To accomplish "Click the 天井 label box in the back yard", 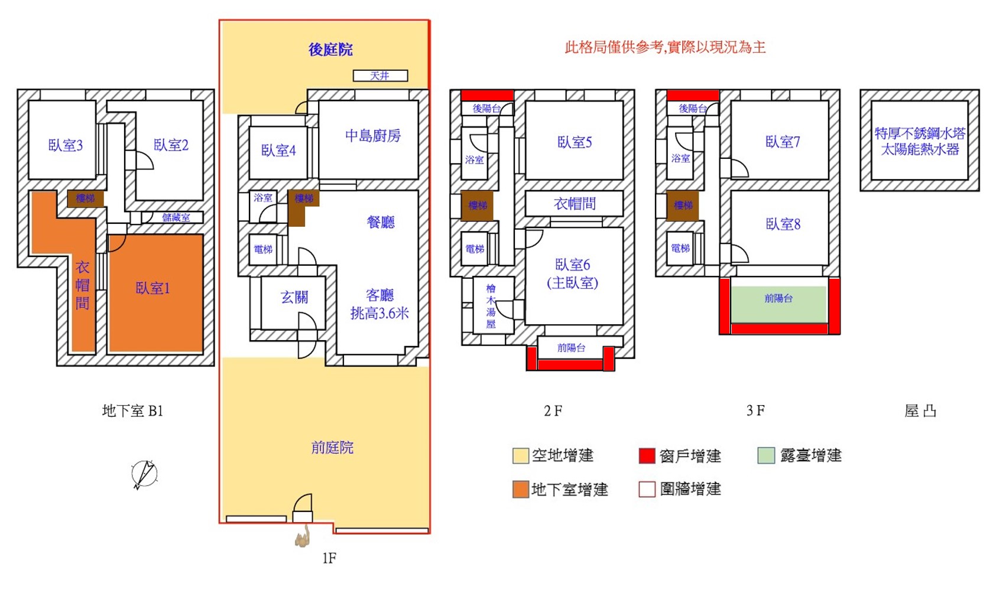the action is (380, 76).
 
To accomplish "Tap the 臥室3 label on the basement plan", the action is (66, 145).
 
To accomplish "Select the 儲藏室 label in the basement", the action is (176, 217).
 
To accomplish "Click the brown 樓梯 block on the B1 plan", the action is (85, 198).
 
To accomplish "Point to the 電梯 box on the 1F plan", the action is (263, 249).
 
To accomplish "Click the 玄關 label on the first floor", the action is (294, 297).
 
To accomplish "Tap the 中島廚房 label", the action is (373, 135).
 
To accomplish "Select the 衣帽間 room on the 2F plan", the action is (574, 204).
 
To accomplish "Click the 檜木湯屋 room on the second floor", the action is (493, 305).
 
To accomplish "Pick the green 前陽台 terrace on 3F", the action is (778, 304).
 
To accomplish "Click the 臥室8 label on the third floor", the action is (783, 224).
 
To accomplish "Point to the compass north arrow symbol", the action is (144, 474).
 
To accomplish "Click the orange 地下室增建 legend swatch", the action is (521, 489).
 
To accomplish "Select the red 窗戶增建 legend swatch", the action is (647, 455).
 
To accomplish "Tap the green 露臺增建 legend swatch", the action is (766, 455).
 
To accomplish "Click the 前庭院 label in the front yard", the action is (332, 448).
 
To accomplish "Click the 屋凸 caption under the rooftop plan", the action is (920, 411).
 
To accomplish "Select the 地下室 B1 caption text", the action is (132, 410).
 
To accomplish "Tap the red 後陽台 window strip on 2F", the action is (487, 95).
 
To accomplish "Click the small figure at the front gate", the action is (303, 536).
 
